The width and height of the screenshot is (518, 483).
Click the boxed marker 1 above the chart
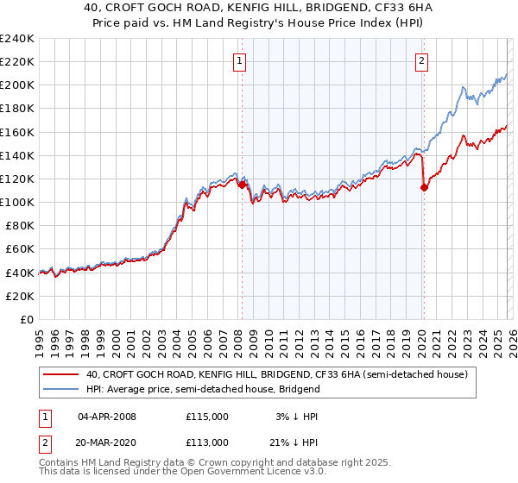tap(239, 60)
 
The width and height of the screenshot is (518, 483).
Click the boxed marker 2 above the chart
tap(421, 60)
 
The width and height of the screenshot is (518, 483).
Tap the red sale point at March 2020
tap(424, 187)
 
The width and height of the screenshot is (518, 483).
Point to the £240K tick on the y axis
tap(17, 39)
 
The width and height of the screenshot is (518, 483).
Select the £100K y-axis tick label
tap(17, 202)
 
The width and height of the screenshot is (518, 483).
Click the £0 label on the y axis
tap(26, 319)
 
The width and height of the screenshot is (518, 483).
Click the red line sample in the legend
tap(60, 375)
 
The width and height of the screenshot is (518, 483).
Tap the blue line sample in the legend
tap(60, 389)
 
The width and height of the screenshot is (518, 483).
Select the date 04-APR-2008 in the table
tap(107, 417)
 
